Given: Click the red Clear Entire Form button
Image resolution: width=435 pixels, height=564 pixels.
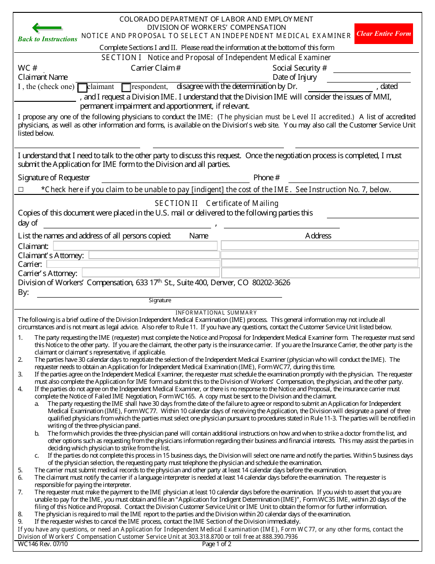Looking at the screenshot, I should coord(383,33).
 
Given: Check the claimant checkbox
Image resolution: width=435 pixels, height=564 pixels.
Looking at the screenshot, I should coord(82,88).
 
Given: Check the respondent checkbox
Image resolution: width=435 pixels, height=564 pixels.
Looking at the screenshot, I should coord(126,88).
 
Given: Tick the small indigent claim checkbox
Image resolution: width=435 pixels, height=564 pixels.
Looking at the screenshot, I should coord(21,189).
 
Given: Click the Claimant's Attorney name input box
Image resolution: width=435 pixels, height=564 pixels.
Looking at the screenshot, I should coord(153,255).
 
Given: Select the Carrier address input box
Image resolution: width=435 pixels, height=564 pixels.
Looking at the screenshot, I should coord(320,263).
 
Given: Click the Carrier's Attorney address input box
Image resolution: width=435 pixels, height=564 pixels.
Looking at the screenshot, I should coord(321,273).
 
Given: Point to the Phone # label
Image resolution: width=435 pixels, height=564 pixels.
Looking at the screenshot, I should coord(266,177).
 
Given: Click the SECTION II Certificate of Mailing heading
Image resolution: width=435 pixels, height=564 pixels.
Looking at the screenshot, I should coord(217,203).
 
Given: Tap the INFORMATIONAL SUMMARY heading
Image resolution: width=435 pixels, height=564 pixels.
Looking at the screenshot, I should coord(217,313).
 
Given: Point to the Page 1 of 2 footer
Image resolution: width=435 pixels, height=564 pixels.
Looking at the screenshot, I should coord(217,544).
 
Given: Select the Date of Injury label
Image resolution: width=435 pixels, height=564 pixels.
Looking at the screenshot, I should coord(294,77).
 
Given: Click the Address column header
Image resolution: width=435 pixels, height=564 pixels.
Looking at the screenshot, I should coord(318,236).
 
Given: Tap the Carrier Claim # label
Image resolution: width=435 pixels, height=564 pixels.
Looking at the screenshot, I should coord(156,68).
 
